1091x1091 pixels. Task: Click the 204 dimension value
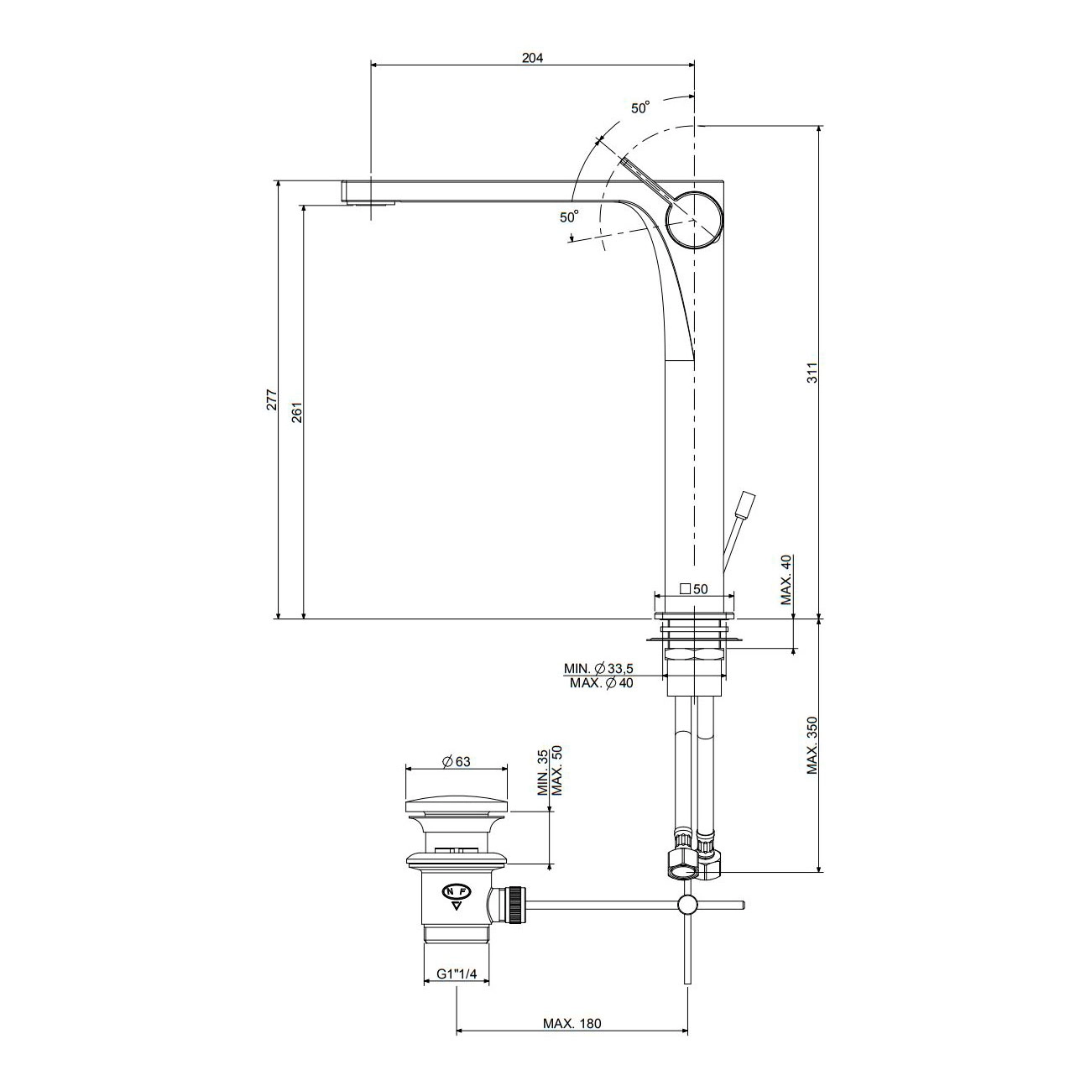[532, 58]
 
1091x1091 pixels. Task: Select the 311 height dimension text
[812, 373]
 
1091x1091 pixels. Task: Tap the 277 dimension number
[272, 399]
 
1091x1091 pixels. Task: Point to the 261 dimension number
[298, 412]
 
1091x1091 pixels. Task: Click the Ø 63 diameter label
[456, 761]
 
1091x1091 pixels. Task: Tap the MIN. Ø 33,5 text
[598, 668]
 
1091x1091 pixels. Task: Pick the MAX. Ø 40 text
[601, 683]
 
